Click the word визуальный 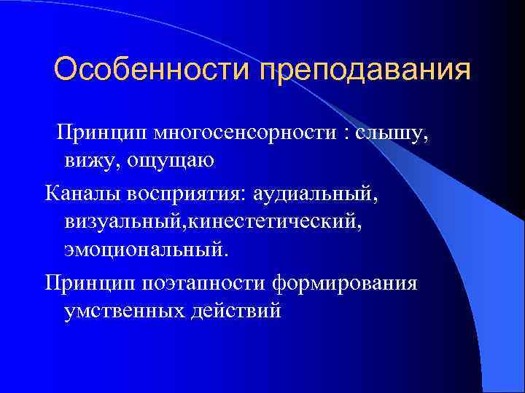(x=124, y=221)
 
